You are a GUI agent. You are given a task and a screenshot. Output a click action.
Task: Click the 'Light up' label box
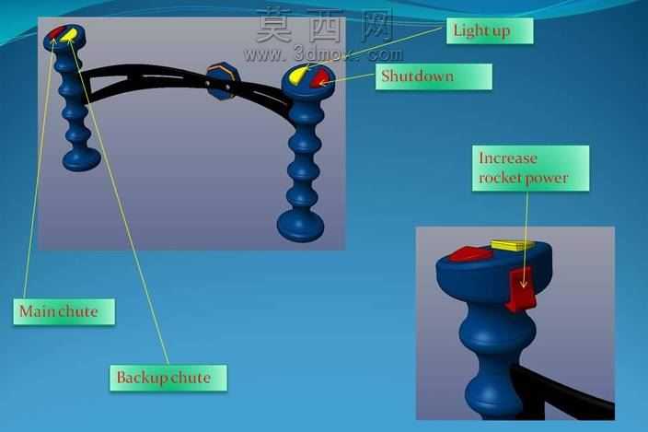pyautogui.click(x=490, y=30)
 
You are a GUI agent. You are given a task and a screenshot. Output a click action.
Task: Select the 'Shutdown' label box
pyautogui.click(x=434, y=76)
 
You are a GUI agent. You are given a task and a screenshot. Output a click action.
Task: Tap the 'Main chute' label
pyautogui.click(x=64, y=311)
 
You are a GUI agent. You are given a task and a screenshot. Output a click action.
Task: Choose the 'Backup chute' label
pyautogui.click(x=168, y=378)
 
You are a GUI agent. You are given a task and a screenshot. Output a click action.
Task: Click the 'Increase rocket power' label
pyautogui.click(x=530, y=169)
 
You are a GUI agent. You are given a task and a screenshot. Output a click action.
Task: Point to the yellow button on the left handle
pyautogui.click(x=68, y=35)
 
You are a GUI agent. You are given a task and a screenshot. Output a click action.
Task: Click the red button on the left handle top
pyautogui.click(x=55, y=34)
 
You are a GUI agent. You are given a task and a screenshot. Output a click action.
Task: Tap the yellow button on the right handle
pyautogui.click(x=298, y=74)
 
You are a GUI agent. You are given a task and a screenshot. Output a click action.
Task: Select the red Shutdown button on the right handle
pyautogui.click(x=319, y=78)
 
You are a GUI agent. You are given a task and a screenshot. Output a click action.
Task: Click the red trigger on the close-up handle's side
pyautogui.click(x=521, y=289)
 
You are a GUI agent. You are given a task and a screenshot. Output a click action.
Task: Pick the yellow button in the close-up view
pyautogui.click(x=511, y=245)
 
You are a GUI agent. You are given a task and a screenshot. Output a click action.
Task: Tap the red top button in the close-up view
pyautogui.click(x=469, y=253)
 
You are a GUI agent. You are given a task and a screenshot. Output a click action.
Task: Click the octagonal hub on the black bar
pyautogui.click(x=222, y=81)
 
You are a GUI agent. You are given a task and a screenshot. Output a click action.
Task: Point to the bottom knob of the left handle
pyautogui.click(x=81, y=159)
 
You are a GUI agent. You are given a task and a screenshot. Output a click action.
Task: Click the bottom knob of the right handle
pyautogui.click(x=300, y=226)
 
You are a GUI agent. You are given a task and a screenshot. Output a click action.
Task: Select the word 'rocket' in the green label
pyautogui.click(x=499, y=179)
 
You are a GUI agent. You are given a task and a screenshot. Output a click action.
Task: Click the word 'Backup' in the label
pyautogui.click(x=142, y=378)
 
